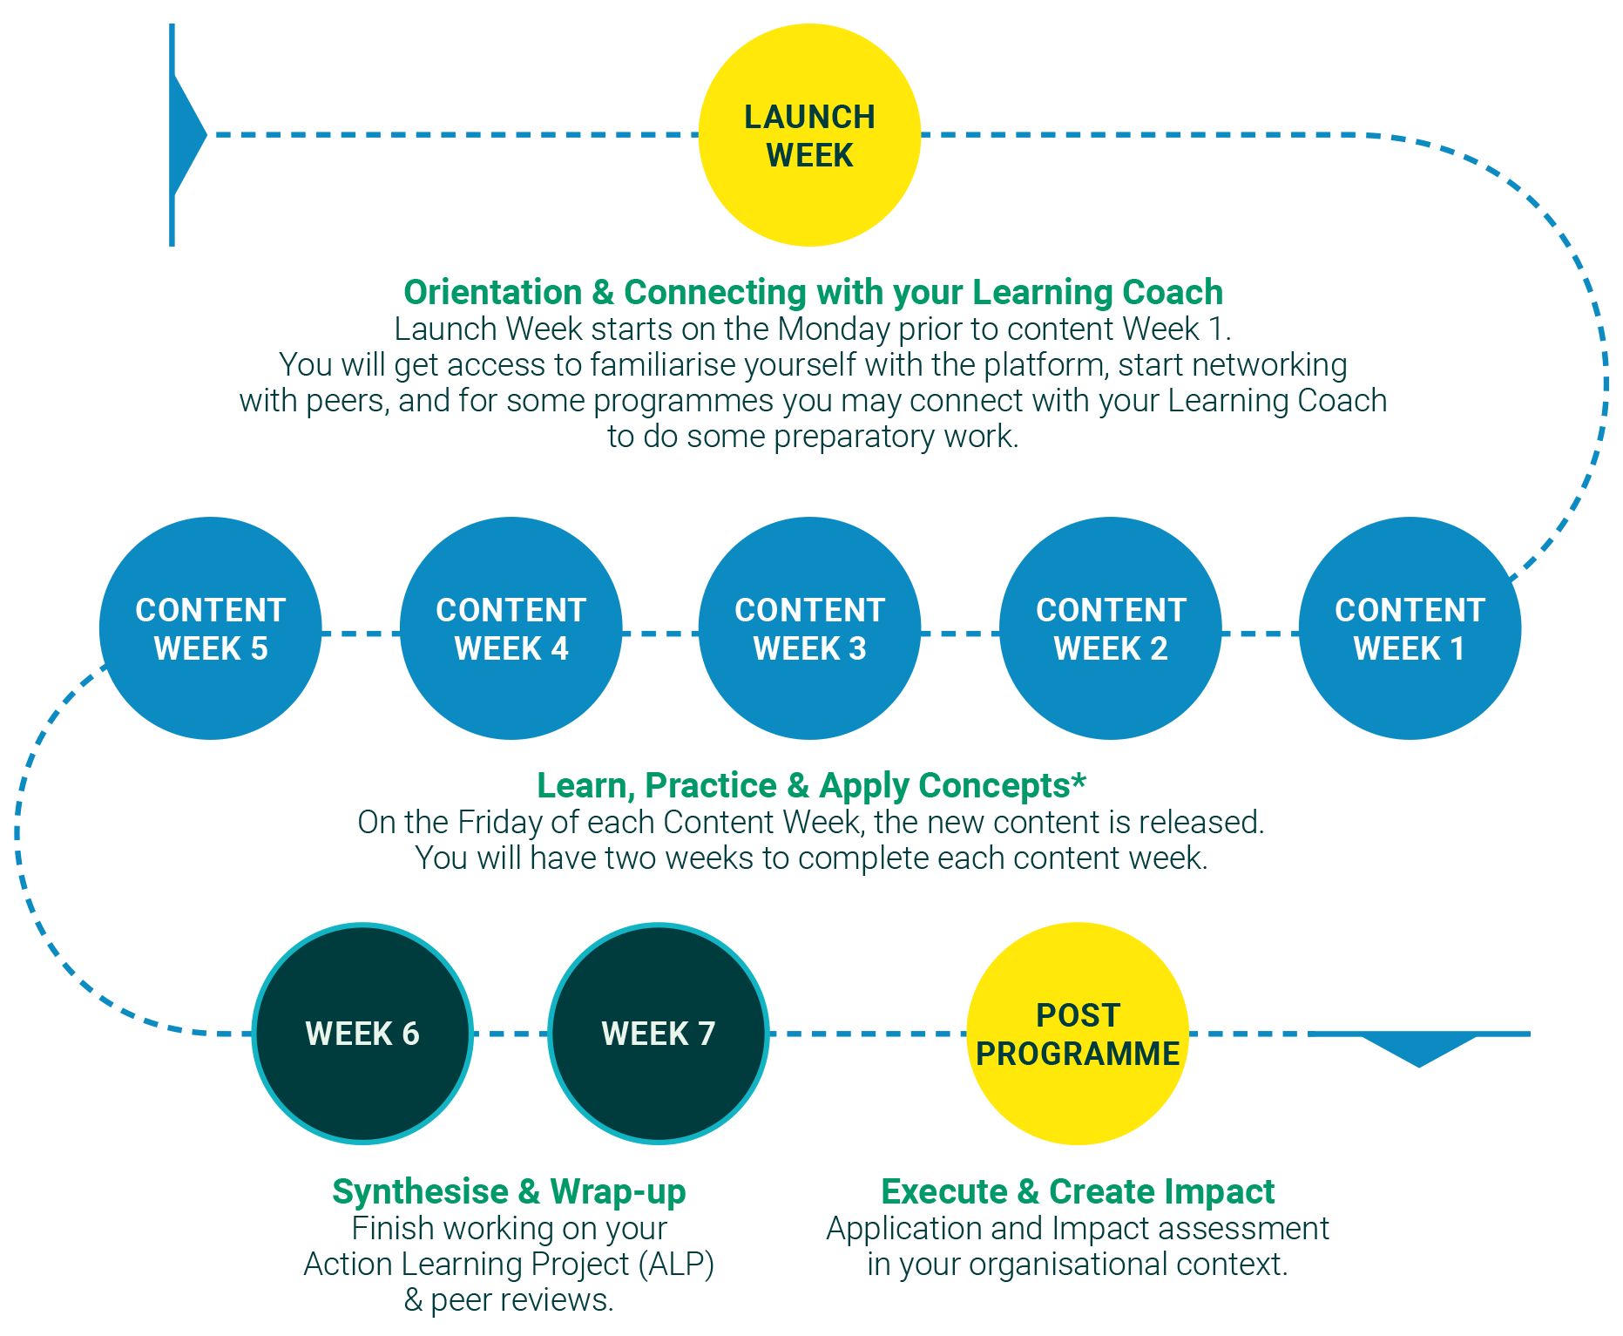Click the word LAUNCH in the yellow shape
click(809, 117)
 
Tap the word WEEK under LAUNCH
click(809, 155)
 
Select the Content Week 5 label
click(211, 629)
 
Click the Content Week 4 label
click(511, 629)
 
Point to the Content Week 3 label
click(810, 629)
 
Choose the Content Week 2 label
click(1111, 629)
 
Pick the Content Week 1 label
click(1410, 629)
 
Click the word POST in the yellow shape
click(1078, 1015)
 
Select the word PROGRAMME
click(1078, 1054)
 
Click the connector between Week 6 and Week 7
click(511, 1038)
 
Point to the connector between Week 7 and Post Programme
click(867, 1038)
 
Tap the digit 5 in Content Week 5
click(259, 648)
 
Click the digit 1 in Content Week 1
click(1457, 648)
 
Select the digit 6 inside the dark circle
click(410, 1034)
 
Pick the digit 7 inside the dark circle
click(707, 1034)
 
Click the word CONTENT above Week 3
click(810, 610)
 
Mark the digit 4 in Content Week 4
click(559, 648)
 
